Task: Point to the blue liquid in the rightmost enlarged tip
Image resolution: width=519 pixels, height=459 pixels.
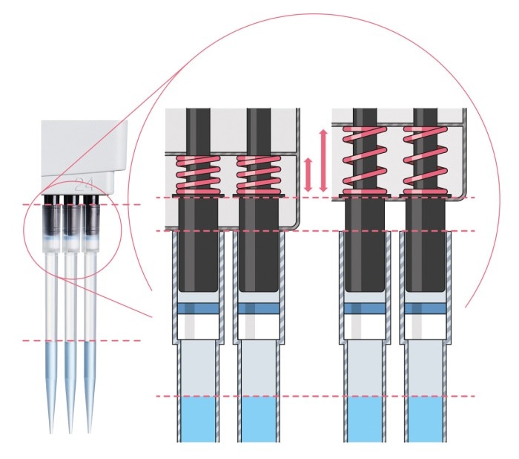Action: pyautogui.click(x=425, y=420)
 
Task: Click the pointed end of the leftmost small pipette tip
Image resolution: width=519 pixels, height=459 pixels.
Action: pyautogui.click(x=52, y=432)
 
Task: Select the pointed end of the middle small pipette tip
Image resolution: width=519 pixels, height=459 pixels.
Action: pyautogui.click(x=70, y=432)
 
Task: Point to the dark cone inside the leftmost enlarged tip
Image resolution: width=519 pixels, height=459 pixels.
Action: pyautogui.click(x=197, y=253)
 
